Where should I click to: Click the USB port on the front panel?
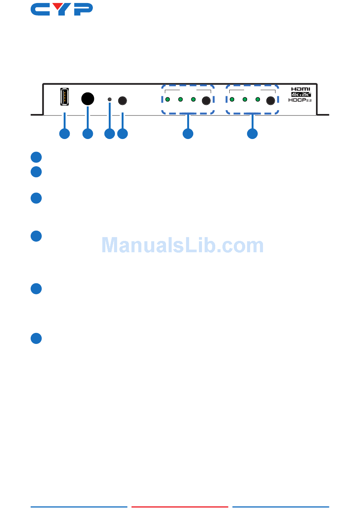(x=64, y=97)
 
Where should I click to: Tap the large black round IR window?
(x=88, y=99)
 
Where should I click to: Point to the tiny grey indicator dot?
(x=110, y=100)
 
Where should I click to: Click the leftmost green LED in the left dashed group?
(x=167, y=100)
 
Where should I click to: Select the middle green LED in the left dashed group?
(x=180, y=100)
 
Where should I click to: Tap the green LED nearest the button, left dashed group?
(x=193, y=100)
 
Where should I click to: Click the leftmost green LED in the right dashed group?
(x=232, y=100)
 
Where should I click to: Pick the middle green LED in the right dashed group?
(x=245, y=100)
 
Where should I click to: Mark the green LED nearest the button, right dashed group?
(x=258, y=100)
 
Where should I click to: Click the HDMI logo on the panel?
(x=301, y=89)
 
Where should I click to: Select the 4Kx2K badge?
(x=301, y=94)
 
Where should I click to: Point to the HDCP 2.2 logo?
(x=300, y=100)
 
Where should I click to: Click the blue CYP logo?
(x=62, y=9)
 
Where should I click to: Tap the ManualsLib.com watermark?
(x=183, y=245)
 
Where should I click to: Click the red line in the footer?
(x=180, y=507)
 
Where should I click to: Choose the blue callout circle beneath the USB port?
(x=64, y=134)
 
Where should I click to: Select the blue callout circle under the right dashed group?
(x=252, y=134)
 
